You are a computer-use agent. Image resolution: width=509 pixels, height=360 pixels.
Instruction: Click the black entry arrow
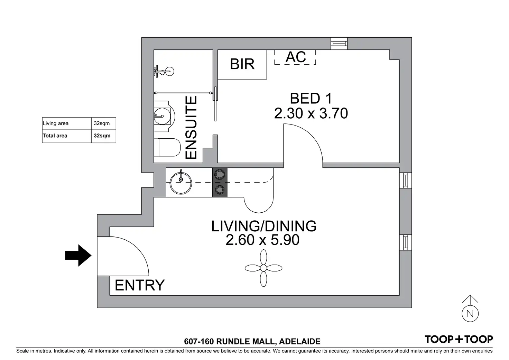pos(78,256)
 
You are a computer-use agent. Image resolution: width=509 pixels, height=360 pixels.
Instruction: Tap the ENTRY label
pos(139,285)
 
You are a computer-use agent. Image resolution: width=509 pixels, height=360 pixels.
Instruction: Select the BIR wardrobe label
pos(242,64)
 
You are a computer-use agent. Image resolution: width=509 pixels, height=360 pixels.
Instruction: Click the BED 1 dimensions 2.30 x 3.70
pos(311,113)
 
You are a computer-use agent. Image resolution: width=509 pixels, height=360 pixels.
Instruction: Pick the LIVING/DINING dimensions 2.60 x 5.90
pos(262,240)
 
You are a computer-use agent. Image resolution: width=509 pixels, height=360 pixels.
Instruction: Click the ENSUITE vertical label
pos(191,128)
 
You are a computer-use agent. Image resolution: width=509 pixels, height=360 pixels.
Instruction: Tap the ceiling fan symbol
pos(263,268)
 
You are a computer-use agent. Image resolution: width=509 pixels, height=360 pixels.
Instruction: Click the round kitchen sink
pos(181,183)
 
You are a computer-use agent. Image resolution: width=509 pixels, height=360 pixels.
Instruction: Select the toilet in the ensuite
pos(167,148)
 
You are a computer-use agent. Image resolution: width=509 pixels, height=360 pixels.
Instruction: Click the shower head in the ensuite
pos(169,71)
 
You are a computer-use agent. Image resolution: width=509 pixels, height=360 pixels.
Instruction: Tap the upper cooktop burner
pos(220,175)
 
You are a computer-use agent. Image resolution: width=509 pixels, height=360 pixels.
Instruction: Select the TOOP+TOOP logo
pos(459,339)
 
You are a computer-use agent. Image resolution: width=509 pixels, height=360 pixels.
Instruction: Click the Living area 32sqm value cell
pos(104,123)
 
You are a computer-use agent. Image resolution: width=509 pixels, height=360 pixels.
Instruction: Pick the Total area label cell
pos(67,136)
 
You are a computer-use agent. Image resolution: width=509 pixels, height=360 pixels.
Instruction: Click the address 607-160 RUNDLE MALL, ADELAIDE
pos(252,341)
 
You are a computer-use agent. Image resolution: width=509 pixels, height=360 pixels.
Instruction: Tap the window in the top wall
pos(339,44)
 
